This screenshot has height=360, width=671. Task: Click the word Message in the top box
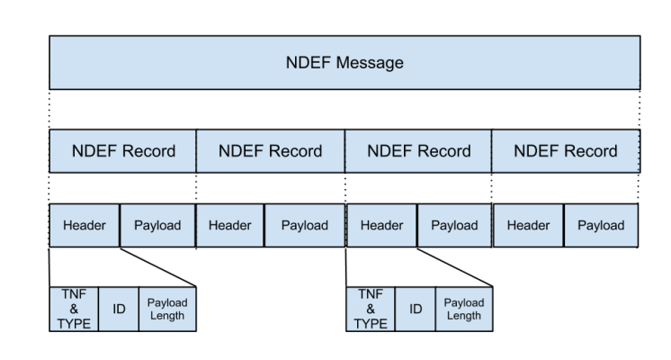[x=368, y=63]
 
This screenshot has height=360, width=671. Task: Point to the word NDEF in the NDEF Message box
[x=308, y=63]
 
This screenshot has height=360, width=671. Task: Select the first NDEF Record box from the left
[x=122, y=151]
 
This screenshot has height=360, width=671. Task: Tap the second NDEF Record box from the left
[x=270, y=151]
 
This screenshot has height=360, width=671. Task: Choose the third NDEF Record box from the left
[x=418, y=151]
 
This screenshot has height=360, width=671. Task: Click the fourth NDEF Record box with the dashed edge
[x=565, y=151]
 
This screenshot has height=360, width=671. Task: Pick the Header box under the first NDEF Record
[x=84, y=225]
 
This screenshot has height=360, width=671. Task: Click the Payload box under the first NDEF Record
[x=157, y=225]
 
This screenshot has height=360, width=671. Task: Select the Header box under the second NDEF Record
[x=229, y=225]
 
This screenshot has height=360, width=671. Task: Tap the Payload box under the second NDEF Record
[x=304, y=225]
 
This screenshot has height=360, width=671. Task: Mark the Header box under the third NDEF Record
[x=381, y=225]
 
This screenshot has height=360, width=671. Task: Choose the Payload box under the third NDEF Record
[x=454, y=225]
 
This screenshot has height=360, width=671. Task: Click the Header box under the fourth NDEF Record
[x=528, y=225]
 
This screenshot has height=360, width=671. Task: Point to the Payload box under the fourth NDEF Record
[x=601, y=225]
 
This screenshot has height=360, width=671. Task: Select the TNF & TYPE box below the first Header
[x=74, y=310]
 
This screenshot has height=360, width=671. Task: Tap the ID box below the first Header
[x=118, y=310]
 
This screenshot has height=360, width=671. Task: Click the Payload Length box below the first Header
[x=166, y=310]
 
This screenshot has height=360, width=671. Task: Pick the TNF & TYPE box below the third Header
[x=370, y=310]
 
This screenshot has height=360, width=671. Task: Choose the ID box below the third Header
[x=415, y=310]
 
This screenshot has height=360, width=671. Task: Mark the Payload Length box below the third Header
[x=463, y=310]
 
